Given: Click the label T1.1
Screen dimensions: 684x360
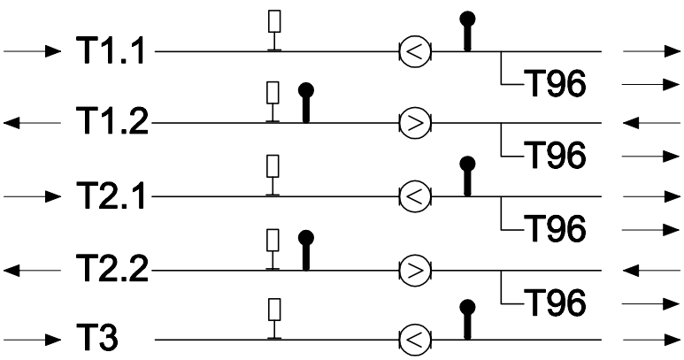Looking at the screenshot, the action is click(x=111, y=50).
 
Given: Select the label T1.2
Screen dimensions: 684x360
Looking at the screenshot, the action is click(x=112, y=120).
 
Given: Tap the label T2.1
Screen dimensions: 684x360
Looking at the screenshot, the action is click(x=111, y=195).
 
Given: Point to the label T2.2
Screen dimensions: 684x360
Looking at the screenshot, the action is click(x=112, y=269).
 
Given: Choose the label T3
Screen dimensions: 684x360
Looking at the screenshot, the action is click(x=97, y=338).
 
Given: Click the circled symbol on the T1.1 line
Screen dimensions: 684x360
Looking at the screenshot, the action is click(x=415, y=51).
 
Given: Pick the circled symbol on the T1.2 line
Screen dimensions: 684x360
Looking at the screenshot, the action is click(x=415, y=123).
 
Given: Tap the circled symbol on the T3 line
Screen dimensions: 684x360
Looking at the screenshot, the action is click(x=415, y=340).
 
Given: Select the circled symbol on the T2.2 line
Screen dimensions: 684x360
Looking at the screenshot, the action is click(x=415, y=270).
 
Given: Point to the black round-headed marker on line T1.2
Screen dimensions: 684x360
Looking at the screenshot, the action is click(x=306, y=103).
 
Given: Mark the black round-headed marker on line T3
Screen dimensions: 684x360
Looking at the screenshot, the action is click(x=467, y=319).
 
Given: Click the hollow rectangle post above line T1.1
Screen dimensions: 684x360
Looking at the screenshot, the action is click(x=274, y=31).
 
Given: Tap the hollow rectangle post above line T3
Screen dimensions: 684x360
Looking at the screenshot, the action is click(x=274, y=318).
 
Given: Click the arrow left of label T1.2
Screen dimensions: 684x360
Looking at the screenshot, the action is click(x=32, y=123).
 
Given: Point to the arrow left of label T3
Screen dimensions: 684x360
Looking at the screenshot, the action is click(x=32, y=340).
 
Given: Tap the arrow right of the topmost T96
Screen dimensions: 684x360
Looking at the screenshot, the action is click(x=651, y=84).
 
